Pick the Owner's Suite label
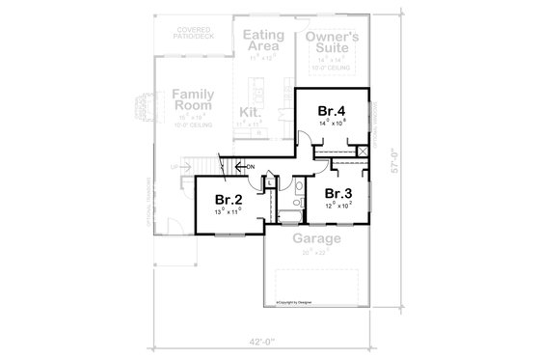pyautogui.click(x=332, y=43)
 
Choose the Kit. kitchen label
pyautogui.click(x=249, y=112)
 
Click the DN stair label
pyautogui.click(x=250, y=168)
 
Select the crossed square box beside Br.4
pyautogui.click(x=364, y=152)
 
